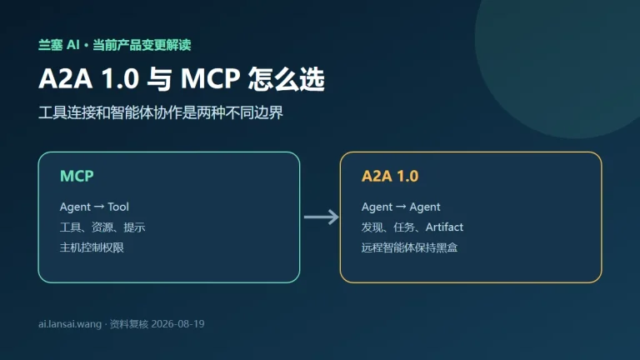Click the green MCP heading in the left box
77,176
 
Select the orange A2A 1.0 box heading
390,176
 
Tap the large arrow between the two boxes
321,217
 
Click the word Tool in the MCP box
118,207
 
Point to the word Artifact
444,227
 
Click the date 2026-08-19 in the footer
177,324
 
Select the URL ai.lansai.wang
70,324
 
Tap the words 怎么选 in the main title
286,79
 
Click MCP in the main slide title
210,78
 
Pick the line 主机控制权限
92,247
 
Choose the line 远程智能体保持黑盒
409,247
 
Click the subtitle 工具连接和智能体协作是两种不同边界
161,112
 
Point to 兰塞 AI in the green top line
59,44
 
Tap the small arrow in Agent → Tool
99,207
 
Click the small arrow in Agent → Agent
401,207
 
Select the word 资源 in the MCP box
102,227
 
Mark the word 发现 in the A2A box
372,227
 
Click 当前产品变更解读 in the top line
142,44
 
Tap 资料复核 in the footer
129,324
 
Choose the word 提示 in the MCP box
134,227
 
